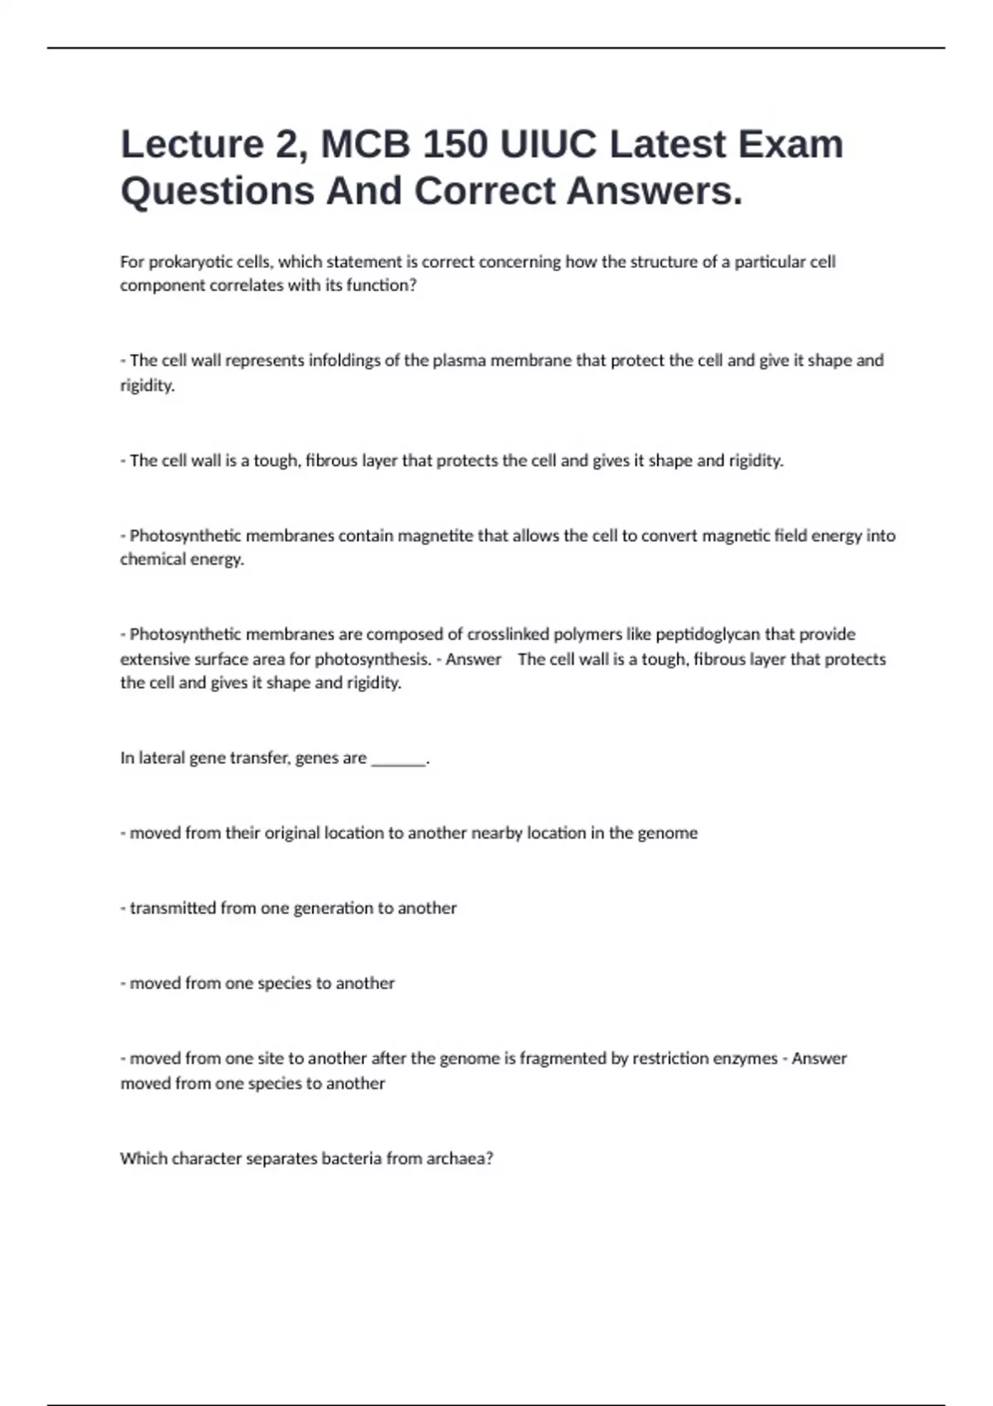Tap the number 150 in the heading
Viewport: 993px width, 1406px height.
point(458,144)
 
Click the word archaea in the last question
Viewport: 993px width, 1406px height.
point(457,1159)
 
